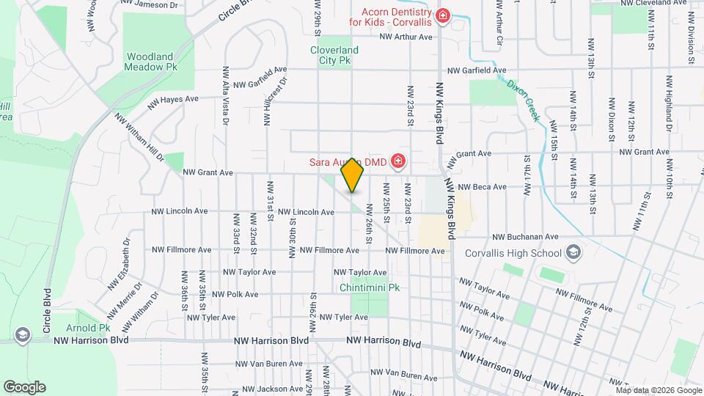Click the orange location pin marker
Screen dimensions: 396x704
[353, 175]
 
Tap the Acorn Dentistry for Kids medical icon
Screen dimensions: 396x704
[442, 16]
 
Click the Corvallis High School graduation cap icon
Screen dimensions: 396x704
[573, 254]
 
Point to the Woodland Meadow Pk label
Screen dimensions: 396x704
[152, 61]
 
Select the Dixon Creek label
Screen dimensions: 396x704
[524, 99]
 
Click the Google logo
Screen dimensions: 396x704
[24, 387]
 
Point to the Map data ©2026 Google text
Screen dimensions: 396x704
[659, 389]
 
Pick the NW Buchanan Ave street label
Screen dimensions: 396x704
[525, 237]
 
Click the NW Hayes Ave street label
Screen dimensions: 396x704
[173, 102]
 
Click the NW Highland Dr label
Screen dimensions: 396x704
[669, 98]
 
